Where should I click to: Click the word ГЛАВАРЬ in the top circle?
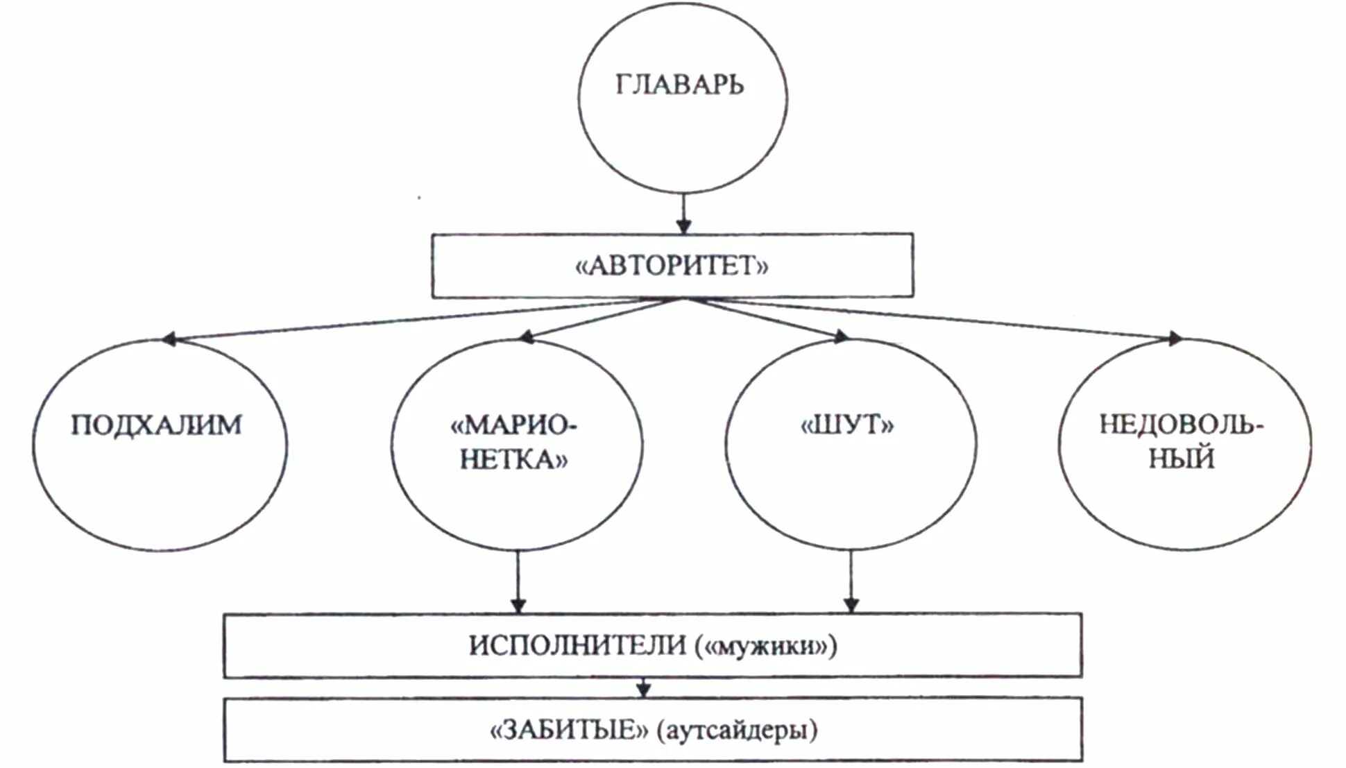(679, 85)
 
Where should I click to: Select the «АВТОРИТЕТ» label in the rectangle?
(672, 266)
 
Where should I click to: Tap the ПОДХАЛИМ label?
(157, 425)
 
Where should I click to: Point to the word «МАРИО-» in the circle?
(513, 425)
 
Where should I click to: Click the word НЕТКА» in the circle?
(513, 459)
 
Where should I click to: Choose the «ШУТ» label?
(848, 425)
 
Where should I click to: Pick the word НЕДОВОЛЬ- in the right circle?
(1182, 425)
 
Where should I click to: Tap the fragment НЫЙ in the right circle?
(1182, 459)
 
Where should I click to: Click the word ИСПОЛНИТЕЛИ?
(577, 646)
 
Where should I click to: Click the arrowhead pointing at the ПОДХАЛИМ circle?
(169, 339)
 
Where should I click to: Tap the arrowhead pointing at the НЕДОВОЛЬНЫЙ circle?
(1175, 339)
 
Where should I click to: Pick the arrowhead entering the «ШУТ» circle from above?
(841, 337)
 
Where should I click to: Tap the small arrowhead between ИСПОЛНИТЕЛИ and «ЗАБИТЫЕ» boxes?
(644, 690)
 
